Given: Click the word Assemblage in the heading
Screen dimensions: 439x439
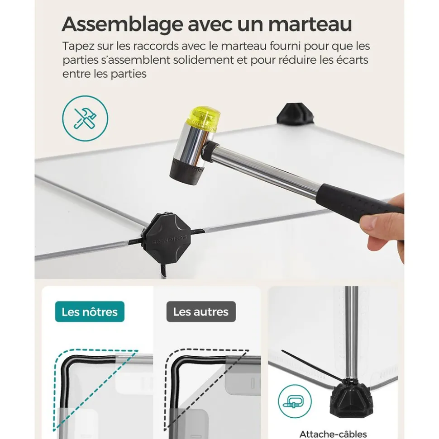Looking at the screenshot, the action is (x=123, y=24).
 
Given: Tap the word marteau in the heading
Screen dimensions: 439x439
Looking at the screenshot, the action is (x=310, y=24).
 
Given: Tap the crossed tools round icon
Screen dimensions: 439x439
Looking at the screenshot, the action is (x=85, y=118).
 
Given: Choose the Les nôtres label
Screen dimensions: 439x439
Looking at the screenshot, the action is (x=90, y=312).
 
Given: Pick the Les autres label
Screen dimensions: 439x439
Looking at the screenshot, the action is (x=201, y=312).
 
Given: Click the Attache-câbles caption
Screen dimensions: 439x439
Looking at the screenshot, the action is (x=333, y=434).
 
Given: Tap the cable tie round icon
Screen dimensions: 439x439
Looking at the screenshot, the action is (x=295, y=401).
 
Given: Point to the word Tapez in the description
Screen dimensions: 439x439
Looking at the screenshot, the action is (x=78, y=47).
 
